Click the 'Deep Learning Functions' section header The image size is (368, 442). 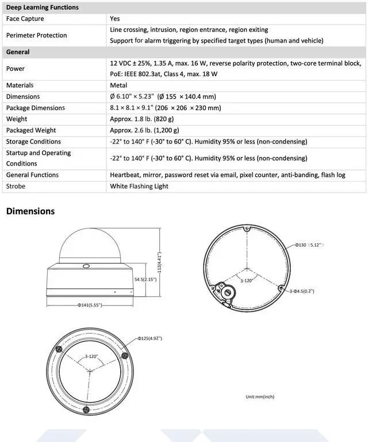point(42,7)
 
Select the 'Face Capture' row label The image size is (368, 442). point(25,19)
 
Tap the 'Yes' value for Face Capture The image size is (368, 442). point(115,19)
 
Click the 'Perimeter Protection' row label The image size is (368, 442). point(36,35)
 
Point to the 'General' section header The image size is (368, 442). point(18,52)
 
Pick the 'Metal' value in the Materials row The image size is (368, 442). point(118,85)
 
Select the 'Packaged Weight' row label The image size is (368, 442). point(31,130)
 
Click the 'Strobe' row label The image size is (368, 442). point(16,187)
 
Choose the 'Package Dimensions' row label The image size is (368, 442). point(35,108)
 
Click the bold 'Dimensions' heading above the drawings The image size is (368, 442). point(30,211)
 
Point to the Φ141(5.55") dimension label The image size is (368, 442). point(90,304)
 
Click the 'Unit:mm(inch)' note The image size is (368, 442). point(260,396)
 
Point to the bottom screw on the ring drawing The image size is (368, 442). point(86,409)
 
